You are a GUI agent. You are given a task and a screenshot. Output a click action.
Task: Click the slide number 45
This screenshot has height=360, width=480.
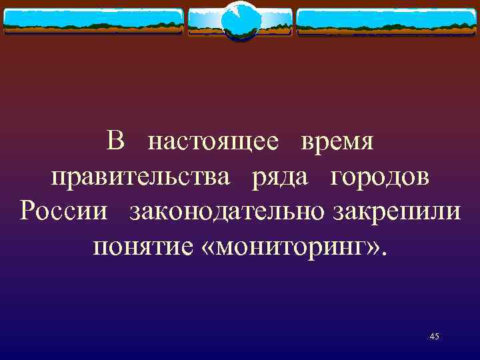[435, 337]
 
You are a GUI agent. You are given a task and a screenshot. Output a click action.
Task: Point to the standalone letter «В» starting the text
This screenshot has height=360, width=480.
[115, 142]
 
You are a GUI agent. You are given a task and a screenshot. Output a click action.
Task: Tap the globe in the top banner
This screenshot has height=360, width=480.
[240, 21]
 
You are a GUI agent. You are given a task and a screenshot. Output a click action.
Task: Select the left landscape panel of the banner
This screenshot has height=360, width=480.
[93, 21]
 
